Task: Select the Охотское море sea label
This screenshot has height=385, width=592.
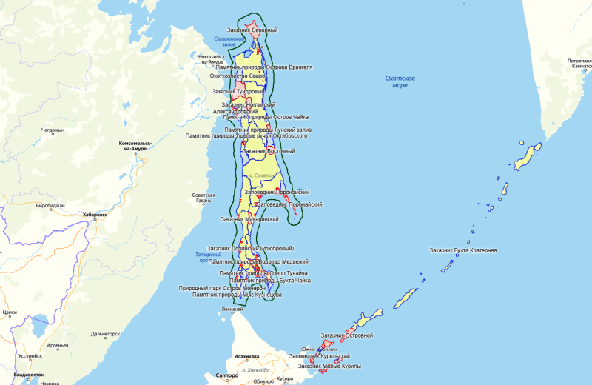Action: pyautogui.click(x=400, y=81)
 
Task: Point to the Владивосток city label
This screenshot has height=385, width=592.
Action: pyautogui.click(x=29, y=375)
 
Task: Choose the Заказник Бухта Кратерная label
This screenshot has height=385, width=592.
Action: pyautogui.click(x=463, y=250)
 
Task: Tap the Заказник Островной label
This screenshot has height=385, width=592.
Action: pyautogui.click(x=347, y=335)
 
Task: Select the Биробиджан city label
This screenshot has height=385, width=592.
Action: pyautogui.click(x=50, y=204)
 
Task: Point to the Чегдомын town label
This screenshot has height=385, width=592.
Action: pyautogui.click(x=53, y=130)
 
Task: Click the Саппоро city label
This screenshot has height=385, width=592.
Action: pyautogui.click(x=226, y=375)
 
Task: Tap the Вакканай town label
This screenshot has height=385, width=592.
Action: pyautogui.click(x=232, y=309)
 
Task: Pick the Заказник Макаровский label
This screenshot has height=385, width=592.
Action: pyautogui.click(x=249, y=219)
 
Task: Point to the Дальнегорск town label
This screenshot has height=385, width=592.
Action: pyautogui.click(x=105, y=334)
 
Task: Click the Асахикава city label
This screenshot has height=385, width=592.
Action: pyautogui.click(x=248, y=356)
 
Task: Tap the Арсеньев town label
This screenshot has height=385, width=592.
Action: pyautogui.click(x=58, y=345)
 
